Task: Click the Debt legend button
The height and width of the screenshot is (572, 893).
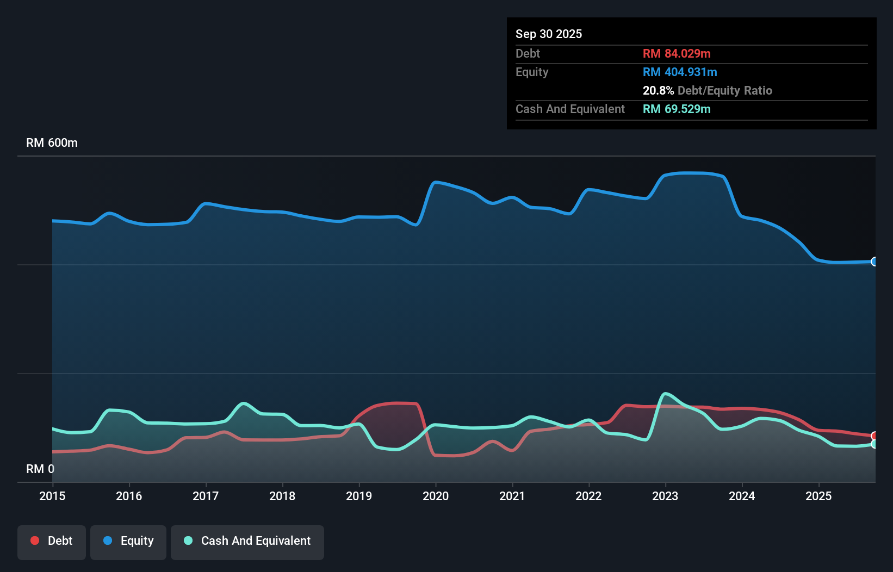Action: pos(52,542)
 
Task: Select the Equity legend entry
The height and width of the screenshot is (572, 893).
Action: pos(128,542)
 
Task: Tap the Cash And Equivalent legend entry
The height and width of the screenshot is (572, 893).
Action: pos(247,542)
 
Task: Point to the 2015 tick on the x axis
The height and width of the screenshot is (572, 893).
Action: pos(52,496)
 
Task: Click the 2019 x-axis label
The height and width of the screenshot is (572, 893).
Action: pos(359,496)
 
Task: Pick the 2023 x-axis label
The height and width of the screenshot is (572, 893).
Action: pos(665,496)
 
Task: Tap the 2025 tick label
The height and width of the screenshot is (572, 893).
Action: pos(818,496)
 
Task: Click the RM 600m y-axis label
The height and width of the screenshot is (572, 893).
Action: pos(52,143)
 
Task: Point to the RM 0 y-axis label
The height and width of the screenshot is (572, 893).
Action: pos(40,469)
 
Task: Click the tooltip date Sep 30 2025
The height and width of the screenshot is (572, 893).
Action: pos(548,34)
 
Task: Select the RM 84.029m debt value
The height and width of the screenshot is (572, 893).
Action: pos(676,54)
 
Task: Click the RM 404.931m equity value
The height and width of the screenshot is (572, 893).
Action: pos(679,72)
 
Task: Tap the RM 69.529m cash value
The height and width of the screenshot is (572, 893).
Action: pos(676,109)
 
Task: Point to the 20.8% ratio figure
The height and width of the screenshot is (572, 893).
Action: pos(658,91)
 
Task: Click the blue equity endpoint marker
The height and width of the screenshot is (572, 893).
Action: pos(874,262)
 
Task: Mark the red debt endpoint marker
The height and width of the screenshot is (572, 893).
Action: pos(874,436)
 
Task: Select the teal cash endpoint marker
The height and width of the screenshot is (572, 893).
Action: pos(874,444)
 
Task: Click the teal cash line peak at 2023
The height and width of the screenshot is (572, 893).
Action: pos(665,394)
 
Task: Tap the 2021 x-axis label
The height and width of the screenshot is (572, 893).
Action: pos(512,496)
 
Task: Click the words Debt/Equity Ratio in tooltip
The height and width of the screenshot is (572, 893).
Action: pos(724,91)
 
